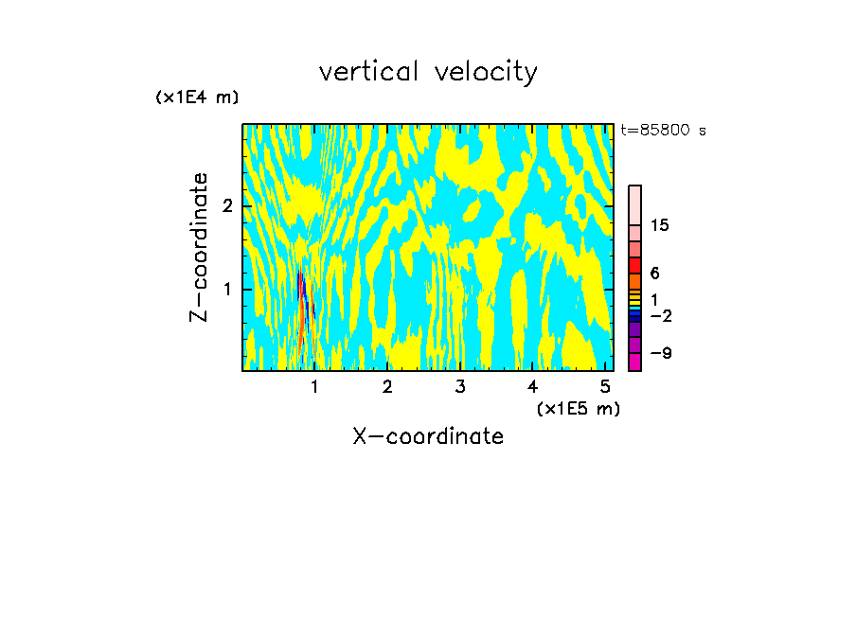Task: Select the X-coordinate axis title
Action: (428, 436)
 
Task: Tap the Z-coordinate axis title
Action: (199, 247)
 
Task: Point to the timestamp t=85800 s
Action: (663, 131)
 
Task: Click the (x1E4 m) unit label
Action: (197, 97)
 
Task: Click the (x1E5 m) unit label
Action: (578, 408)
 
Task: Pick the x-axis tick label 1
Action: (314, 387)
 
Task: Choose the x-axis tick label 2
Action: (387, 387)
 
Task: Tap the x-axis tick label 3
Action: (459, 387)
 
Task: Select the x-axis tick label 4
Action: (532, 387)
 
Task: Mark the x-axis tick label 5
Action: (605, 387)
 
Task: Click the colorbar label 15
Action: (660, 226)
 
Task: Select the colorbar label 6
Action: (654, 274)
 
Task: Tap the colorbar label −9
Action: (660, 354)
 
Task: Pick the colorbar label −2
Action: (660, 316)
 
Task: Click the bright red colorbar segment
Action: (634, 265)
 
